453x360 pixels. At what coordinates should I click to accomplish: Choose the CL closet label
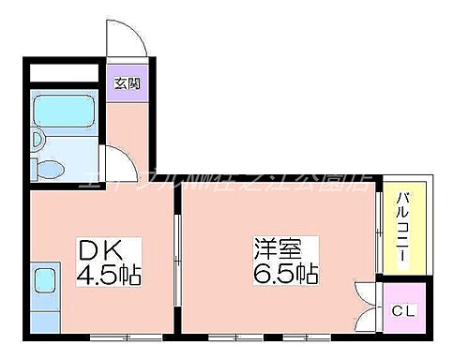402,310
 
